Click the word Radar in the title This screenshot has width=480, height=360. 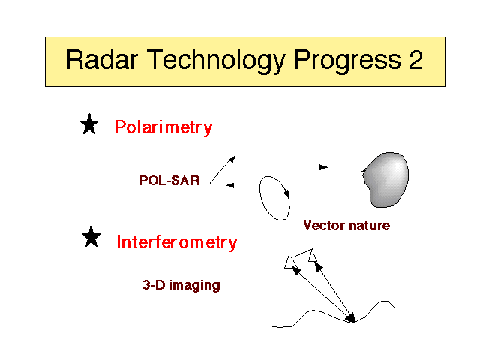tap(102, 59)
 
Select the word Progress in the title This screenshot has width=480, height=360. tap(347, 62)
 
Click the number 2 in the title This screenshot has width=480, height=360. tap(415, 59)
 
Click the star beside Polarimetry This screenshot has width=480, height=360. tap(89, 124)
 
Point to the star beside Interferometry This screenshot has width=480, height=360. tap(91, 236)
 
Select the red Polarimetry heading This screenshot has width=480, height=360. tap(163, 127)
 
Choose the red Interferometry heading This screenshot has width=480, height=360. tap(177, 242)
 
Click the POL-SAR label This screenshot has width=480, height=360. tap(169, 180)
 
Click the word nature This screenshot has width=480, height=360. tap(370, 226)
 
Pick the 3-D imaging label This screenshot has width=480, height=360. tap(181, 285)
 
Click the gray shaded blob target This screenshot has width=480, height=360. tap(386, 180)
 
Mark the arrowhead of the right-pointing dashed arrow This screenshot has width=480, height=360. tap(323, 167)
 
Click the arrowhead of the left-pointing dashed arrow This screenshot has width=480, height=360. tap(230, 185)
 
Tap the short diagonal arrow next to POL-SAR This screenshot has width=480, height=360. tap(223, 170)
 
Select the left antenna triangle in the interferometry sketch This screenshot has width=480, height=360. tap(289, 262)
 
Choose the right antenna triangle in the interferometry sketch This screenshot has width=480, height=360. tap(312, 256)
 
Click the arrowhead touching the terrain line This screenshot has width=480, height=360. tap(352, 318)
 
